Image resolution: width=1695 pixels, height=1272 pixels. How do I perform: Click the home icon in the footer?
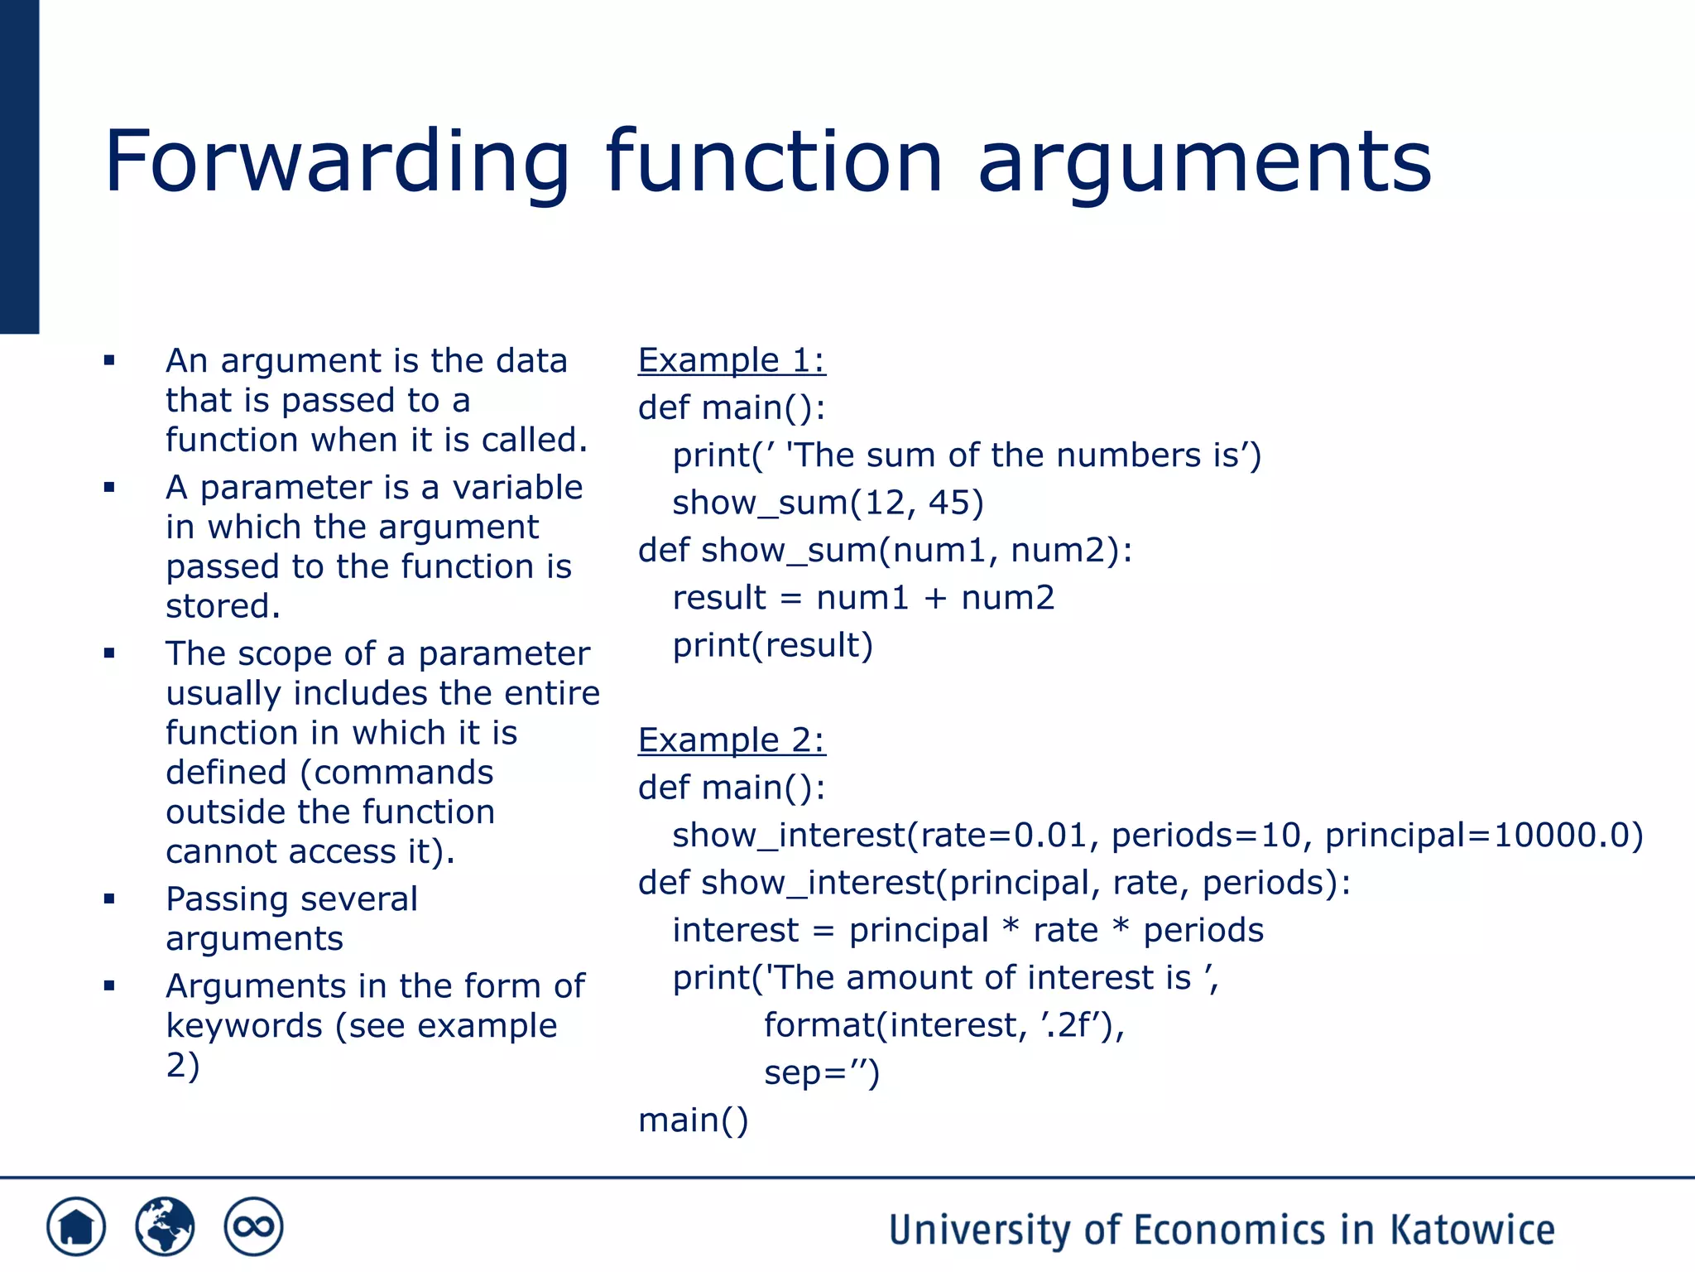[x=76, y=1226]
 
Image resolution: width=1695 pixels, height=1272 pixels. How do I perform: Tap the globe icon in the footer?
[x=165, y=1226]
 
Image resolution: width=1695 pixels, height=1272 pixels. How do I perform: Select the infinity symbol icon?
[x=253, y=1226]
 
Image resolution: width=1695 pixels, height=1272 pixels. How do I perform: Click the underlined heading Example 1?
[x=732, y=360]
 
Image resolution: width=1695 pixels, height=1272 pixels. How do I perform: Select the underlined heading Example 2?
[x=732, y=740]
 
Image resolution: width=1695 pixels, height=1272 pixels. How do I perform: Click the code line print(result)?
[x=772, y=646]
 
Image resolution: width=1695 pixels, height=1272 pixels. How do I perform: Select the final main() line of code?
[x=694, y=1120]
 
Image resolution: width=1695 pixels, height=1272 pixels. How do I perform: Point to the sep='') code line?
[x=821, y=1073]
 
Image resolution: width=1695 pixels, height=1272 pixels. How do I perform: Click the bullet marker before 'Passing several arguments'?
[x=109, y=899]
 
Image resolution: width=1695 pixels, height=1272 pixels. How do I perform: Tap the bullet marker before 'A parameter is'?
[x=109, y=488]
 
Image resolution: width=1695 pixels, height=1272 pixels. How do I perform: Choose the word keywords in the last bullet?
[x=244, y=1026]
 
